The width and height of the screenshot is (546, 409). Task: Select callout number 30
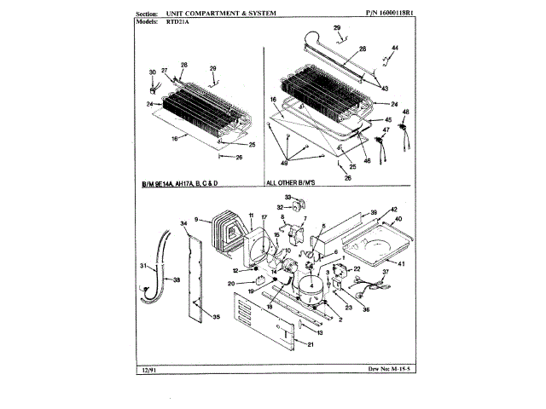point(153,72)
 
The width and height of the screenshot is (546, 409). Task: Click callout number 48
point(405,112)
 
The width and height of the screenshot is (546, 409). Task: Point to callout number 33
point(288,196)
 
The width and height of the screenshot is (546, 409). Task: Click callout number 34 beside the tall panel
point(183,224)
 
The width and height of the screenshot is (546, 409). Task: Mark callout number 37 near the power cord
point(384,272)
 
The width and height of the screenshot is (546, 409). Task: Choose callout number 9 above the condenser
point(197,220)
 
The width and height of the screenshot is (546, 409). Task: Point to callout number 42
point(394,210)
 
